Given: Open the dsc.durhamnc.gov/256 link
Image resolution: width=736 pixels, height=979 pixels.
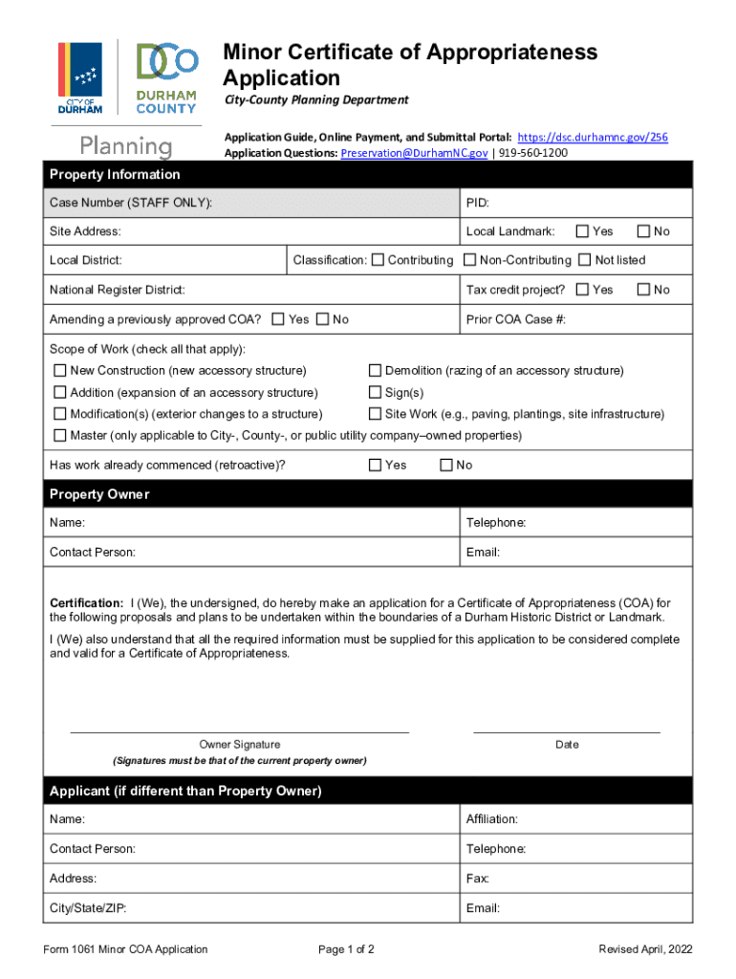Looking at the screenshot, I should [592, 138].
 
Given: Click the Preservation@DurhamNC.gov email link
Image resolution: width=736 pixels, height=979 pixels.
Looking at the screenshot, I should [414, 153].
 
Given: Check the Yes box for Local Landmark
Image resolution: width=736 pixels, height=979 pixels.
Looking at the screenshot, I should [582, 231].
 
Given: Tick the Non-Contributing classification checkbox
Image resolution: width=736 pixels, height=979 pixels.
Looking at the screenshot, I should [470, 260].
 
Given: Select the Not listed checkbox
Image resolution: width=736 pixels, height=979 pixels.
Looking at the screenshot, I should [585, 260].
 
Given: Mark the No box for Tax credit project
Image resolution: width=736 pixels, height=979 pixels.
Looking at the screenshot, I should [643, 290].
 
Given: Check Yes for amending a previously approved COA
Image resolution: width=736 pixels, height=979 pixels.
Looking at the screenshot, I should [278, 319].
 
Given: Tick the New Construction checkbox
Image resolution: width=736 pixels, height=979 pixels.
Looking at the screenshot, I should [60, 371].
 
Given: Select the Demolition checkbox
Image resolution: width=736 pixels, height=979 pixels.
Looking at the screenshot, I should [376, 371].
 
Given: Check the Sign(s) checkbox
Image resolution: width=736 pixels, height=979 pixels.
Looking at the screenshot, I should [376, 393].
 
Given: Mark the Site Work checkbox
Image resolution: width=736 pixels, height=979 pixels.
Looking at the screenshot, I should [376, 415].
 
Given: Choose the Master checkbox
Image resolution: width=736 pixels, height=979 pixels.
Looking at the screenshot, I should [60, 436].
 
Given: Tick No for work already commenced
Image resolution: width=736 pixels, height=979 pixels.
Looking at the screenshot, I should [445, 466].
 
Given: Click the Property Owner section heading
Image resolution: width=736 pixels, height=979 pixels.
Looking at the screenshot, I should [99, 494].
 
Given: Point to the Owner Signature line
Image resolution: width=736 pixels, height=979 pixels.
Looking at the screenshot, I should [240, 731].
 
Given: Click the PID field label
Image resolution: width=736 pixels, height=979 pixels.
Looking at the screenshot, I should [478, 203].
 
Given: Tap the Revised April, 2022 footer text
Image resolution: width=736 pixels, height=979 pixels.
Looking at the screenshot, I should [645, 949].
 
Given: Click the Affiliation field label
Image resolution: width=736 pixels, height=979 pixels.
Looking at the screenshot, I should [491, 819].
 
